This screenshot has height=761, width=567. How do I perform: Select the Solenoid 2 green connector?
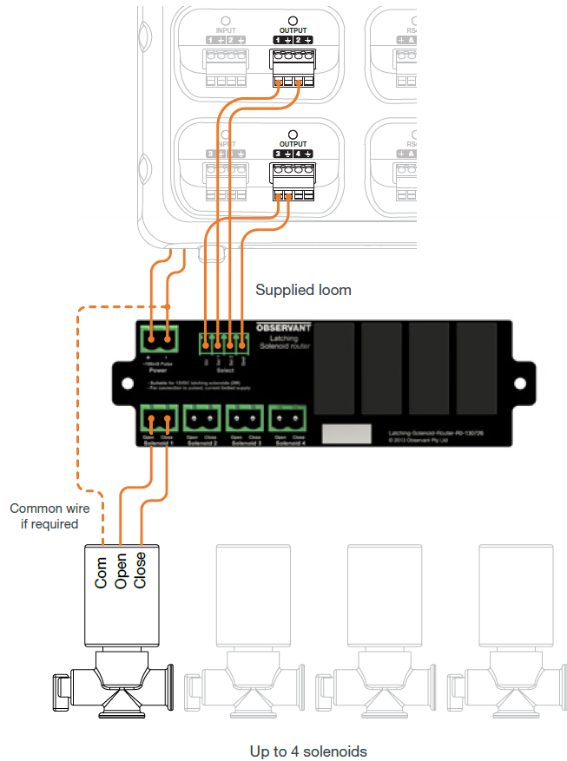(202, 419)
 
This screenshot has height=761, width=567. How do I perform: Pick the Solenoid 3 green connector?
(246, 419)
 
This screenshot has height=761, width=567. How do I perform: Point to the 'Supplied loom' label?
(303, 290)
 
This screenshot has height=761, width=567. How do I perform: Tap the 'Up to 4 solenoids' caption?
(308, 751)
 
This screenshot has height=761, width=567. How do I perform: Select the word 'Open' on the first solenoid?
(121, 572)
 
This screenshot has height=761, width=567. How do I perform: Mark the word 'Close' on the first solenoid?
(140, 570)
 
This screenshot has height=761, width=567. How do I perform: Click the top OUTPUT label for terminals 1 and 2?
(293, 30)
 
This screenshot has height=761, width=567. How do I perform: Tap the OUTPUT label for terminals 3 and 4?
(293, 144)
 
